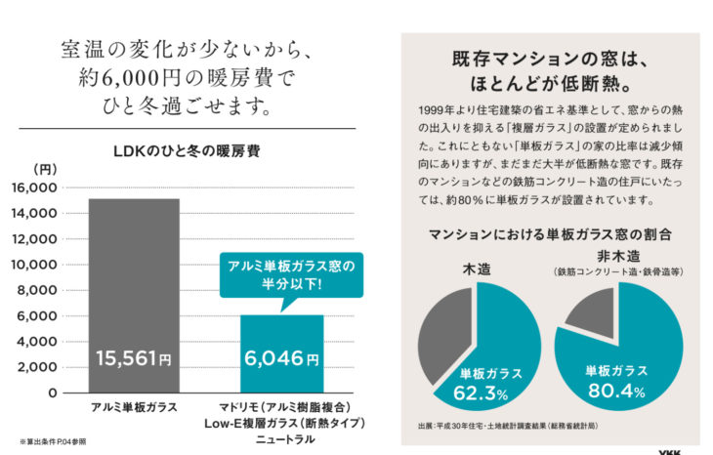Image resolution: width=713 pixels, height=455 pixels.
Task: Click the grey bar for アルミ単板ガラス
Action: [x=133, y=273]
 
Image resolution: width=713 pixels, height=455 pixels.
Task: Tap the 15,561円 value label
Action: [x=133, y=359]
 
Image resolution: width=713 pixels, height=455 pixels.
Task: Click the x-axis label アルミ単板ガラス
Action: [x=133, y=406]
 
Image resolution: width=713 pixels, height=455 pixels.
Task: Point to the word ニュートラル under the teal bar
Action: [x=282, y=439]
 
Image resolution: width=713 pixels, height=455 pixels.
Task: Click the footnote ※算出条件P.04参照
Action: [x=54, y=441]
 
